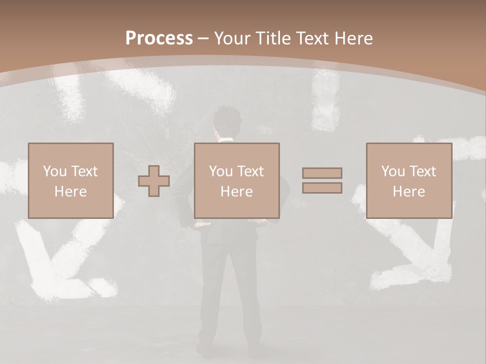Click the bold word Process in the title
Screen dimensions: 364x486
159,38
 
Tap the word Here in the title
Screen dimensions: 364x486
354,38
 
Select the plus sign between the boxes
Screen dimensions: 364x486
154,181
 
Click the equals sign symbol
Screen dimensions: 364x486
322,180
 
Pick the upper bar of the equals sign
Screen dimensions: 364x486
322,173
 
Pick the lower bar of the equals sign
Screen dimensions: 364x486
322,188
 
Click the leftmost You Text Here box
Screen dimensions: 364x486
71,180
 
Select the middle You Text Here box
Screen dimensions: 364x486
237,180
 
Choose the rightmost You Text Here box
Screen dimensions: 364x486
409,180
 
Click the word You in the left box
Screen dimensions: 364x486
55,171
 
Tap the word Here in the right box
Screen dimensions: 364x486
409,192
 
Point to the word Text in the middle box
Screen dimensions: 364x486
251,171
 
